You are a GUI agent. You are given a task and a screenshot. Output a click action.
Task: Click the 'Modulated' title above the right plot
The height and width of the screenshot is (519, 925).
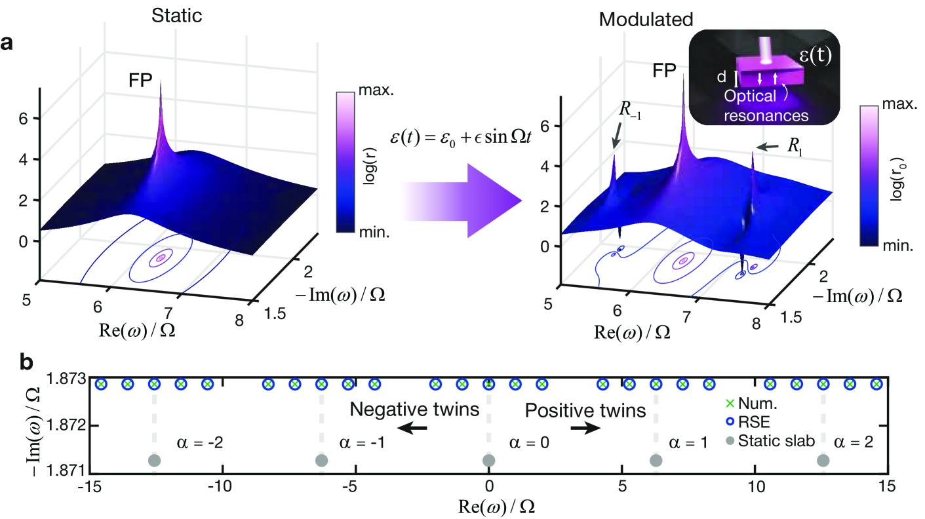[645, 20]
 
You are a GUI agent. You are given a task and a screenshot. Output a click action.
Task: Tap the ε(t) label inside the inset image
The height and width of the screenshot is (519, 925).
[813, 56]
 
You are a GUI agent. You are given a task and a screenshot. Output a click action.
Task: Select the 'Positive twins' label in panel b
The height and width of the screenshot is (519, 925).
[586, 410]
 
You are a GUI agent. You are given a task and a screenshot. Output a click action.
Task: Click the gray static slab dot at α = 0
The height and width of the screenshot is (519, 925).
[488, 461]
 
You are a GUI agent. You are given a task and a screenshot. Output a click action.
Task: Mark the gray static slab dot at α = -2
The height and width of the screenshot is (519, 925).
[154, 461]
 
